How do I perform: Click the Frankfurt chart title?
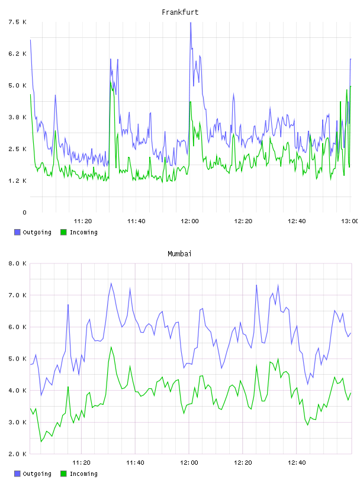click(180, 12)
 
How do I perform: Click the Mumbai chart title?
click(179, 254)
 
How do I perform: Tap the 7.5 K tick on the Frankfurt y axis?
click(17, 22)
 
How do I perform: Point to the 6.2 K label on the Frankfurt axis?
click(17, 54)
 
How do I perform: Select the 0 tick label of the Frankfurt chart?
click(24, 212)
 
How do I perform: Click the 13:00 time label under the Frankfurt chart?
click(349, 221)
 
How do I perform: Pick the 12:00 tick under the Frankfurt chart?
click(189, 221)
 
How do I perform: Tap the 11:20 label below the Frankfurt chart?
click(83, 221)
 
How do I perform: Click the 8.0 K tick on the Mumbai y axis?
click(17, 263)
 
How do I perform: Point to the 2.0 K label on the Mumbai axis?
click(17, 454)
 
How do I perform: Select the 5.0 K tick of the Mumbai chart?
click(17, 359)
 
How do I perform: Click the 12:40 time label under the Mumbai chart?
click(297, 463)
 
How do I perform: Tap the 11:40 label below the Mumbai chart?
click(135, 463)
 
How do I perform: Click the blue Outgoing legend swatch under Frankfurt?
click(17, 232)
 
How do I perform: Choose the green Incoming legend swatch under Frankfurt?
click(63, 232)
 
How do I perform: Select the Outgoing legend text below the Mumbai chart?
click(37, 474)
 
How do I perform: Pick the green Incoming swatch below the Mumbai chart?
click(63, 474)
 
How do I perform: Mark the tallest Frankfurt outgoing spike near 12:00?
click(191, 23)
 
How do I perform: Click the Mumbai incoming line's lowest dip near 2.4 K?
click(41, 442)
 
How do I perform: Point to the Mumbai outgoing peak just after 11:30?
click(111, 284)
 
